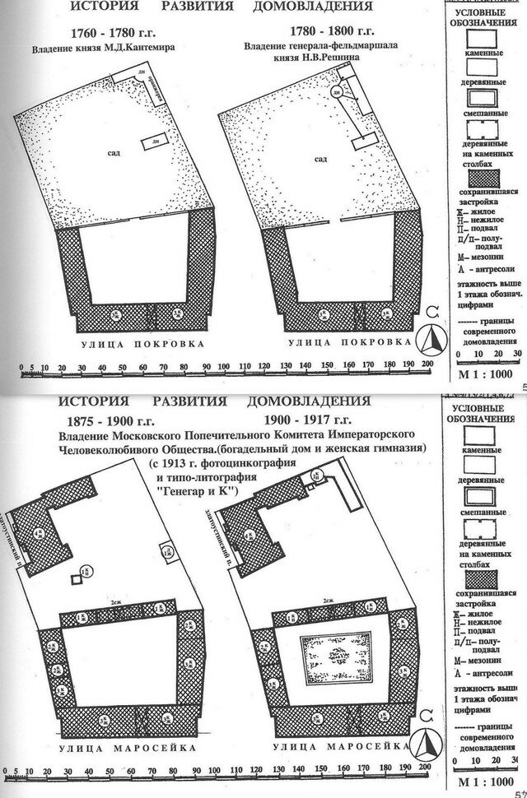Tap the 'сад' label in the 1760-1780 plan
pos(111,153)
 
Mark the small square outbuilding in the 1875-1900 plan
pos(77,580)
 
